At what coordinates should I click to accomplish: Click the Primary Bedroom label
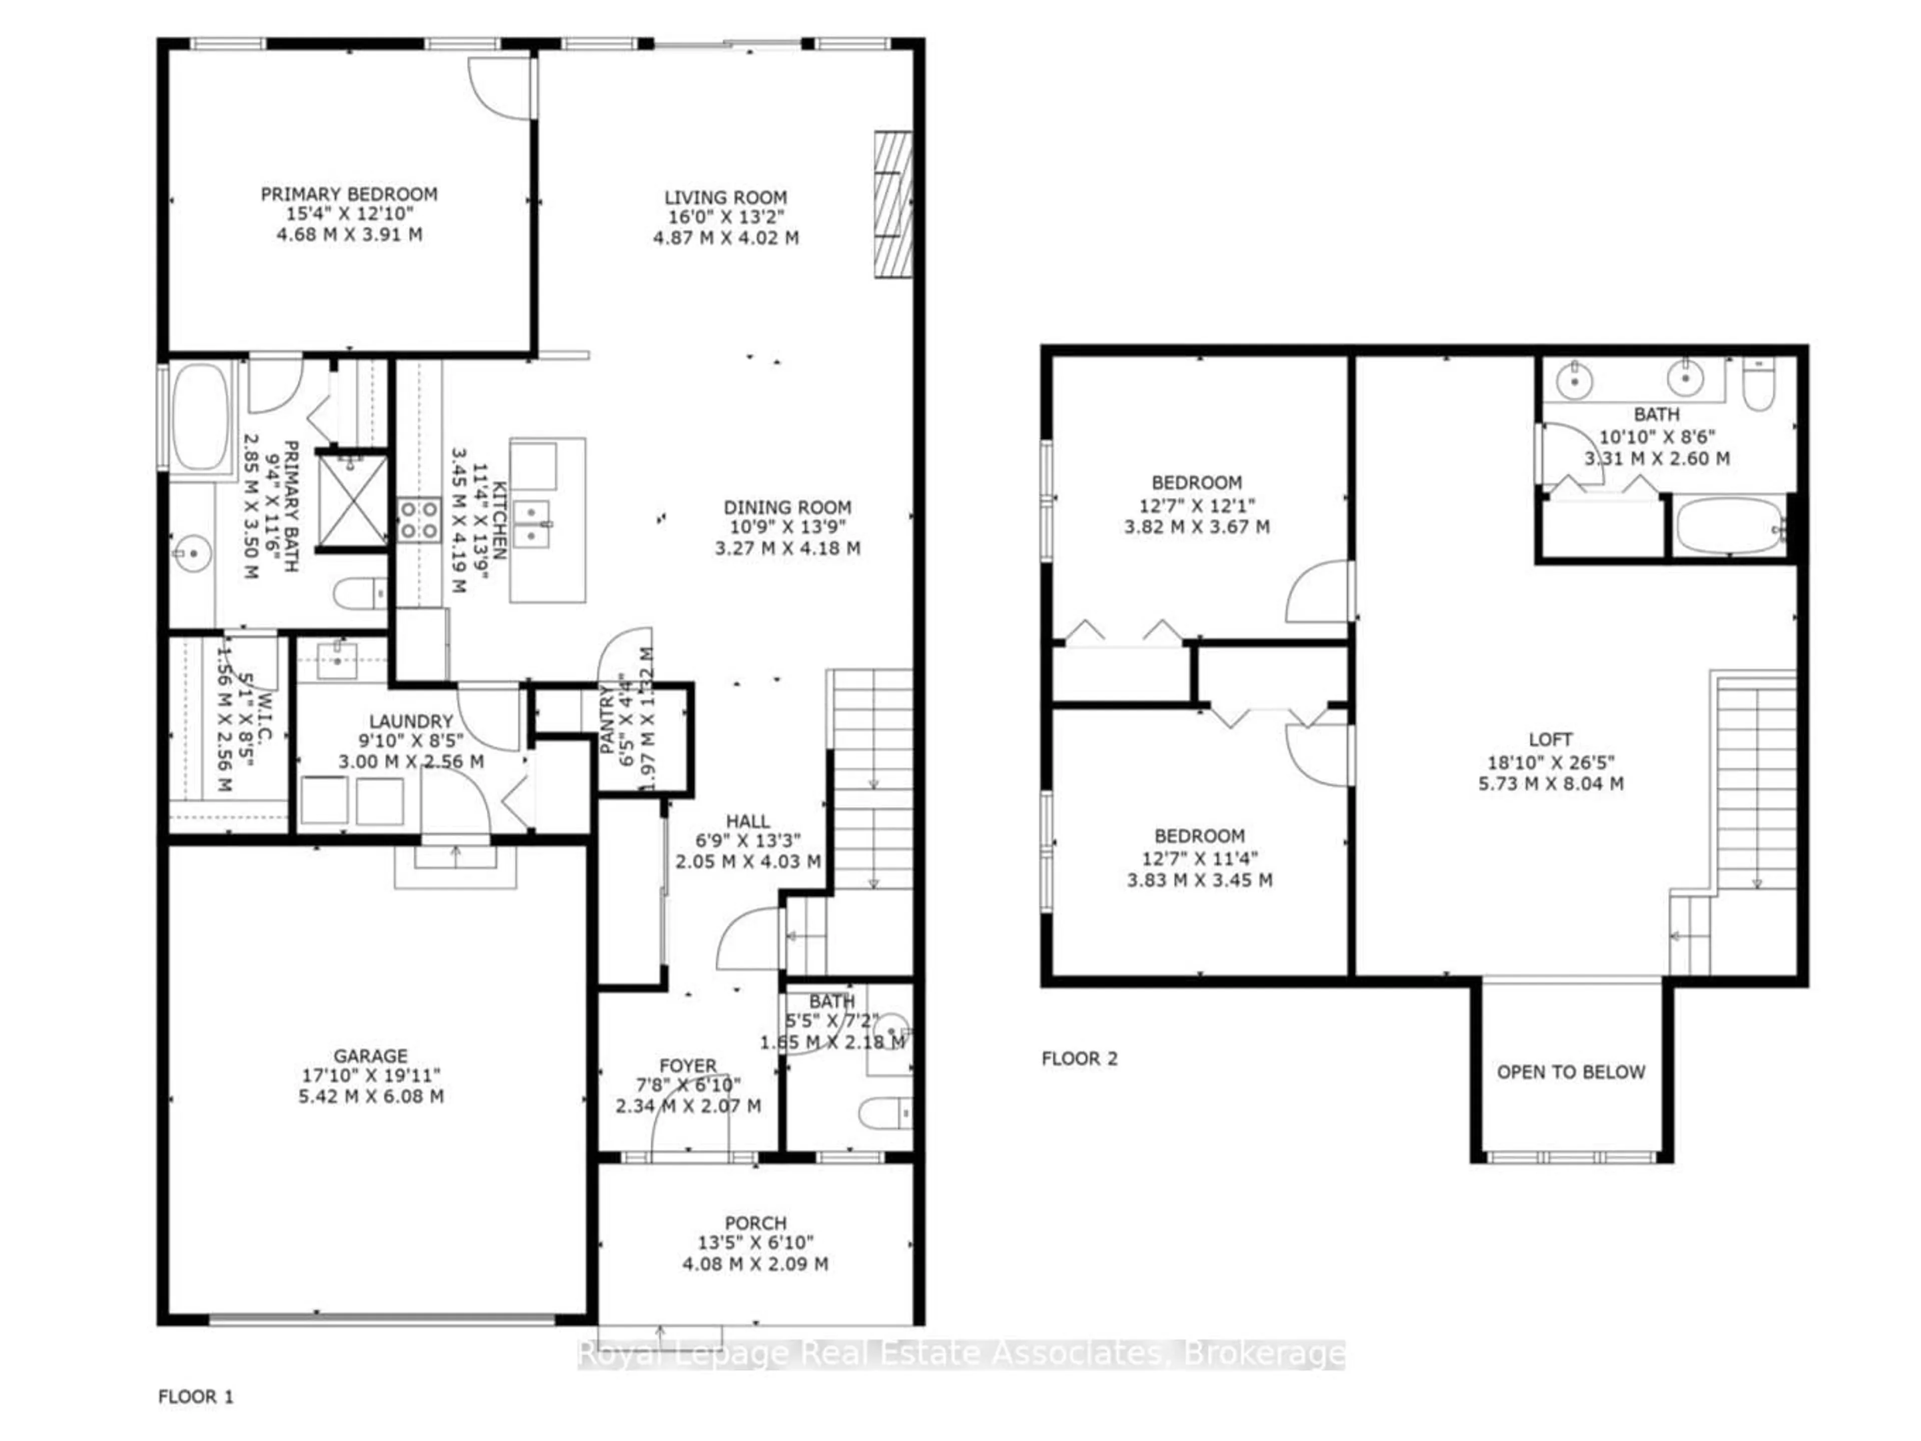pyautogui.click(x=349, y=195)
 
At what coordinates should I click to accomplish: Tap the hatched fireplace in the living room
pyautogui.click(x=893, y=205)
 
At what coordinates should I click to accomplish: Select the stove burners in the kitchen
pyautogui.click(x=419, y=520)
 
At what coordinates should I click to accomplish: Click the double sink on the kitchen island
pyautogui.click(x=531, y=524)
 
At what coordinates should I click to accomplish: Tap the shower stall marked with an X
pyautogui.click(x=352, y=502)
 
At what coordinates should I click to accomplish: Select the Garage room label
pyautogui.click(x=371, y=1055)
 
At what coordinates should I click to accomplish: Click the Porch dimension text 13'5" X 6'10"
pyautogui.click(x=755, y=1243)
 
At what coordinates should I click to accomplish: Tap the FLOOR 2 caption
pyautogui.click(x=1080, y=1058)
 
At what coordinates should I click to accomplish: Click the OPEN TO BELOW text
pyautogui.click(x=1570, y=1072)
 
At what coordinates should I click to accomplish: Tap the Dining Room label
pyautogui.click(x=787, y=507)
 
